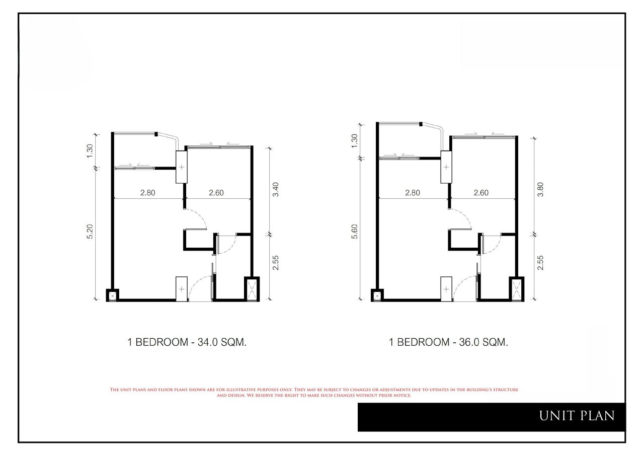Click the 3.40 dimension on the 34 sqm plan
(x=275, y=189)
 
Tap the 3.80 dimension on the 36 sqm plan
(x=540, y=189)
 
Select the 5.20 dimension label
(x=90, y=232)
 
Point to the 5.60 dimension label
(x=355, y=232)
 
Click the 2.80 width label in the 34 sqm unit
(x=148, y=193)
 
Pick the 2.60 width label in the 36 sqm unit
(x=481, y=193)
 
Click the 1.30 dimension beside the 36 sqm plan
(x=355, y=141)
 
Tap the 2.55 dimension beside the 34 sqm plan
(x=275, y=263)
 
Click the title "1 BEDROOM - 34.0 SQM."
(x=187, y=342)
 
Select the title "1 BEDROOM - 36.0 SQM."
(x=448, y=342)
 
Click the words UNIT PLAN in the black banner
(x=577, y=416)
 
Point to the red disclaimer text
(x=314, y=393)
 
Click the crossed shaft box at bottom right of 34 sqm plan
(x=252, y=289)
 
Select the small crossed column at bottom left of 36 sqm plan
(x=377, y=295)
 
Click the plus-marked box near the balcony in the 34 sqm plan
(x=182, y=167)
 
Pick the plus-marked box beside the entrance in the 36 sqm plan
(x=446, y=289)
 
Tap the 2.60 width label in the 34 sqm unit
(x=216, y=193)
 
